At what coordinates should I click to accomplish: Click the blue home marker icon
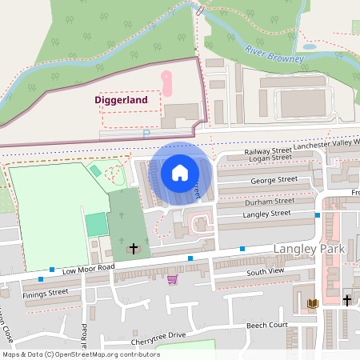click(180, 173)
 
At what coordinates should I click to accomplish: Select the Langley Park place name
click(309, 250)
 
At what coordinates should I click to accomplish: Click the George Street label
click(274, 181)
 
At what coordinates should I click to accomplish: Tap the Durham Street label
click(269, 203)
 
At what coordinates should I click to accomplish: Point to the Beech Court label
click(266, 326)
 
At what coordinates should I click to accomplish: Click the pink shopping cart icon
click(172, 279)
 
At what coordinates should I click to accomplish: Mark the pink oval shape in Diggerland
click(167, 82)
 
